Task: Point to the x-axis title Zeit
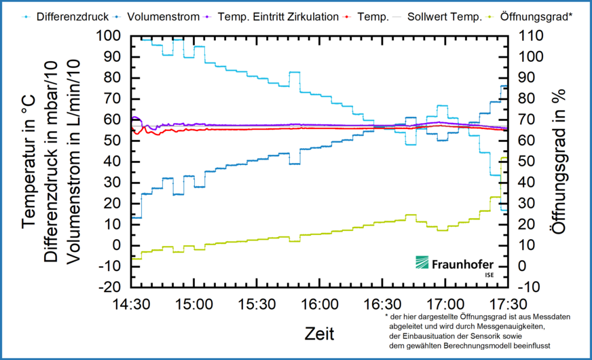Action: (x=319, y=333)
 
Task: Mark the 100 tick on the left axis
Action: (x=109, y=35)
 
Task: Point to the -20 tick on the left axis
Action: (x=109, y=287)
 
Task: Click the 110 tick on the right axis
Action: (x=530, y=35)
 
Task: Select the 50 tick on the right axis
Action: (x=527, y=161)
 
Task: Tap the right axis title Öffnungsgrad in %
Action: (x=558, y=161)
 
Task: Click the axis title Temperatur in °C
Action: (x=29, y=161)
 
